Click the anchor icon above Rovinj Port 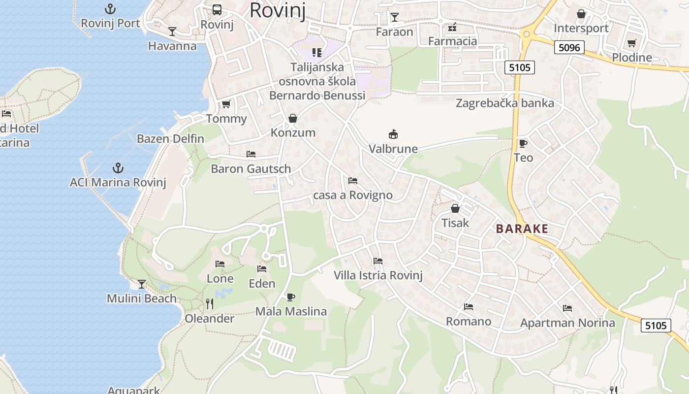110,9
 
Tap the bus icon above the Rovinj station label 217,9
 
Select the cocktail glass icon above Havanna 172,32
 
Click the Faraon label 394,32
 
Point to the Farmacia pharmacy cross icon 452,27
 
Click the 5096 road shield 570,47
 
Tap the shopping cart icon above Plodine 631,43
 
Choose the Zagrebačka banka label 504,103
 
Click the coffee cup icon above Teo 523,143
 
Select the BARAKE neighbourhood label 522,229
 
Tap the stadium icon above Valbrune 393,134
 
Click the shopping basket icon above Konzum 293,118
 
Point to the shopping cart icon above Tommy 226,104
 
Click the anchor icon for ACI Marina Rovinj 118,168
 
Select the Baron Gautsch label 251,169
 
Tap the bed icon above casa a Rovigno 352,181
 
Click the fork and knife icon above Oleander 210,304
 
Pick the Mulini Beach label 141,298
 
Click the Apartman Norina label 567,323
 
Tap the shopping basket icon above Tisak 455,208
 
